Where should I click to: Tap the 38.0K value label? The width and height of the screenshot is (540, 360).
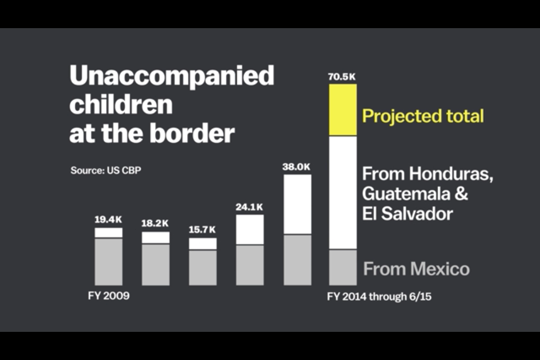[x=296, y=167]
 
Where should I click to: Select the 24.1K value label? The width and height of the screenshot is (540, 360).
[x=249, y=207]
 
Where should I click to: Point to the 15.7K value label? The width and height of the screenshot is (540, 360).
[x=202, y=230]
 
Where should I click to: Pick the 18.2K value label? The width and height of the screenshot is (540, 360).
[x=155, y=223]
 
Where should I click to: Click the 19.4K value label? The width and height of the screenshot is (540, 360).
[x=108, y=219]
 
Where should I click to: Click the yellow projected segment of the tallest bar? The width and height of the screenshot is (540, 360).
[x=343, y=110]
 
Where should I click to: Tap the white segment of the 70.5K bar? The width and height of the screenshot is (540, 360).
[x=343, y=192]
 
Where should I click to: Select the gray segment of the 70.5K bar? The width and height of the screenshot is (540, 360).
[x=343, y=267]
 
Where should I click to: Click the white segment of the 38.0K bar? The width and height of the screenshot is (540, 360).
[x=296, y=204]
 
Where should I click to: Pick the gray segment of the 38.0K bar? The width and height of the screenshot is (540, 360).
[x=296, y=259]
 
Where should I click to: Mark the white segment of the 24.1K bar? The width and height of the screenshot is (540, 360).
[x=250, y=229]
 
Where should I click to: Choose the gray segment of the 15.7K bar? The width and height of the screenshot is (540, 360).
[x=202, y=267]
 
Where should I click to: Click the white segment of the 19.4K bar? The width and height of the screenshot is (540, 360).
[x=109, y=232]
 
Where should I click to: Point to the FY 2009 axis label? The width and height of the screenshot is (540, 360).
[x=109, y=295]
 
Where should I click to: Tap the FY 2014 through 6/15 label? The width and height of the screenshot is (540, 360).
[x=379, y=296]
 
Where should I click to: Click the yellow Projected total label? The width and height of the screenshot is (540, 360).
[x=423, y=116]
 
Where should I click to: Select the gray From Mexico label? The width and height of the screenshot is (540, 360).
[x=416, y=269]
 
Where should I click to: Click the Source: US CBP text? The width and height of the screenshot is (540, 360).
[x=106, y=170]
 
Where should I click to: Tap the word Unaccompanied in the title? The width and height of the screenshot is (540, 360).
[x=172, y=75]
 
